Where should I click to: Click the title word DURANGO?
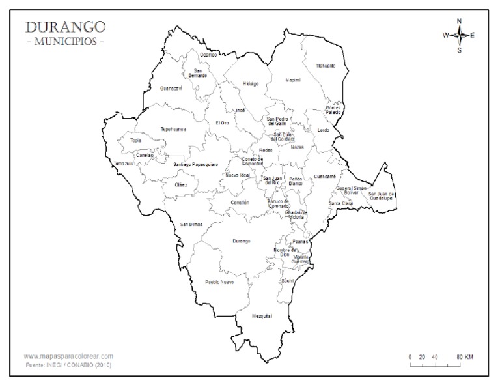click(64, 27)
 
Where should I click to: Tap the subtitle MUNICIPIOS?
click(64, 42)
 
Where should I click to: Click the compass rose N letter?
click(459, 21)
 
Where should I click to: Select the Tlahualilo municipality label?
click(326, 66)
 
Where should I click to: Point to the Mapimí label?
click(293, 80)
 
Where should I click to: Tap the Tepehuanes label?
click(173, 129)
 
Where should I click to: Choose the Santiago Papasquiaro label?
click(195, 164)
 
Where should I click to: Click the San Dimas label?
click(191, 224)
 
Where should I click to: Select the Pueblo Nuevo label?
click(219, 282)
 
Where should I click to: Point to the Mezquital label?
click(262, 316)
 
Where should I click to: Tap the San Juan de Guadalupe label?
click(381, 195)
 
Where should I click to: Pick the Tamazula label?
click(123, 164)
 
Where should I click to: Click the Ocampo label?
click(208, 55)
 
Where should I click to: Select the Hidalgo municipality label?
click(251, 83)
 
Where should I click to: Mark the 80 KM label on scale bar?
click(464, 357)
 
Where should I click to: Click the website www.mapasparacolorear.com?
click(68, 356)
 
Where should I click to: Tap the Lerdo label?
click(323, 130)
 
